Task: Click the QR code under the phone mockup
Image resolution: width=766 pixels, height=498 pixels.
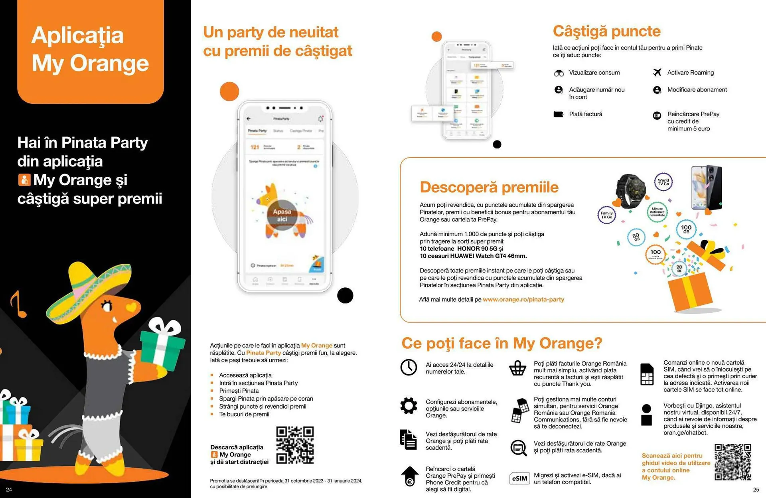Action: coord(295,445)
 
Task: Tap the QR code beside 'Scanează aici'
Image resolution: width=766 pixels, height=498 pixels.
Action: coord(733,462)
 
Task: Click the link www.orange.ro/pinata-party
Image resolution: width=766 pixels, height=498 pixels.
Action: coord(523,299)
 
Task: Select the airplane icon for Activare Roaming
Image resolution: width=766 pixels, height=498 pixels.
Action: coord(657,72)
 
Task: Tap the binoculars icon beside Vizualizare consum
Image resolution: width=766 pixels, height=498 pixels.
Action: coord(559,73)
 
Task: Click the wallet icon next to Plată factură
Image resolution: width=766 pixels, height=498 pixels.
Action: coord(559,114)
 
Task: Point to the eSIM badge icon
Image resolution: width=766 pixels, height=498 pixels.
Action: coord(519,478)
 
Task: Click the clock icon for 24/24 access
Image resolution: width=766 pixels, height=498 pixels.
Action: coord(409,367)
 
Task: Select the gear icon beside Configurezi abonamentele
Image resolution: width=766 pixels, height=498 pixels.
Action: coord(409,406)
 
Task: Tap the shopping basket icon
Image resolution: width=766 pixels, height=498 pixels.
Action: coord(517,368)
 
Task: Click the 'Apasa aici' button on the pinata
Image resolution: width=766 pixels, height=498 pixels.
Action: coord(282,215)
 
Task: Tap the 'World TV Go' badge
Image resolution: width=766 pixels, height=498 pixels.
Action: coord(663,182)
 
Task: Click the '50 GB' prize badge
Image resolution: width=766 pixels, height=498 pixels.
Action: coord(636,237)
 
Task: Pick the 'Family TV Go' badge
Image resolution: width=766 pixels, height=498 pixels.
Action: coord(606,215)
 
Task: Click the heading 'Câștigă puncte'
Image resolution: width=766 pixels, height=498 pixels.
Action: coord(606,31)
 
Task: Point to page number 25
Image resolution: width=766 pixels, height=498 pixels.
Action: coord(756,490)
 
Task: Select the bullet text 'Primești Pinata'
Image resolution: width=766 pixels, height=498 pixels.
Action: coord(239,391)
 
